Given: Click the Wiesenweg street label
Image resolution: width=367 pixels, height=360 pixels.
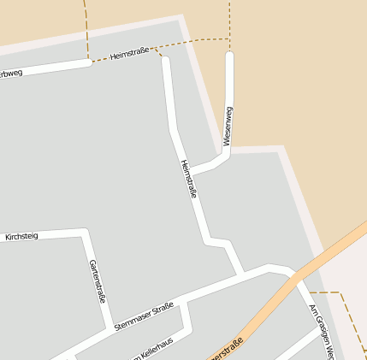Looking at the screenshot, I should (x=228, y=125).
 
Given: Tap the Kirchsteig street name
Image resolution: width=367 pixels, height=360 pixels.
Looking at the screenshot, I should (x=21, y=237).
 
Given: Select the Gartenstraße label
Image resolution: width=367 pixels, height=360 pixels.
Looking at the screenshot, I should (x=97, y=282).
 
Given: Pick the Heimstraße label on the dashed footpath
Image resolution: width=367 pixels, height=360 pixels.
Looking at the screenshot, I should (x=129, y=56).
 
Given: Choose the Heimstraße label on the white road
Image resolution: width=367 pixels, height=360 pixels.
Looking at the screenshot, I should (x=189, y=180).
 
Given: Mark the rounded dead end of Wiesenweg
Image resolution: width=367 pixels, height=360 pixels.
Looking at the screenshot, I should (x=229, y=56).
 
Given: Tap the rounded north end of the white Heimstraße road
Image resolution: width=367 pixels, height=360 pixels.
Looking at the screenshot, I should (x=166, y=61).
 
